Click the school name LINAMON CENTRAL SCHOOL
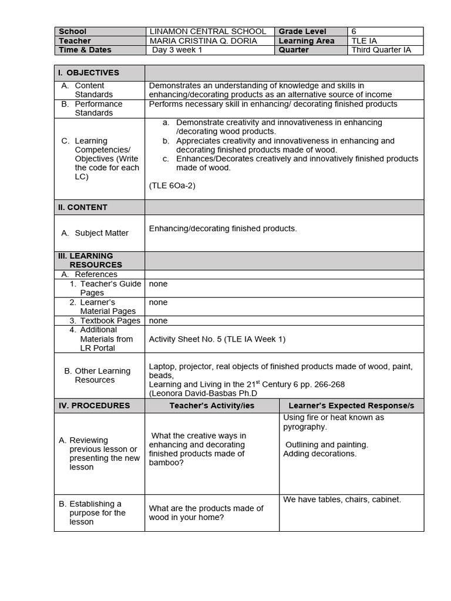pos(207,31)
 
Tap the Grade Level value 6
pos(354,31)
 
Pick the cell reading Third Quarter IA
pos(381,50)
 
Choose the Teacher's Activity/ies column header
pos(212,406)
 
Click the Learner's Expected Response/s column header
pos(351,406)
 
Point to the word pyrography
pos(305,427)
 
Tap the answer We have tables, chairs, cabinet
pos(342,499)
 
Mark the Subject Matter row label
pos(101,233)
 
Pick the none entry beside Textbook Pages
pos(158,320)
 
